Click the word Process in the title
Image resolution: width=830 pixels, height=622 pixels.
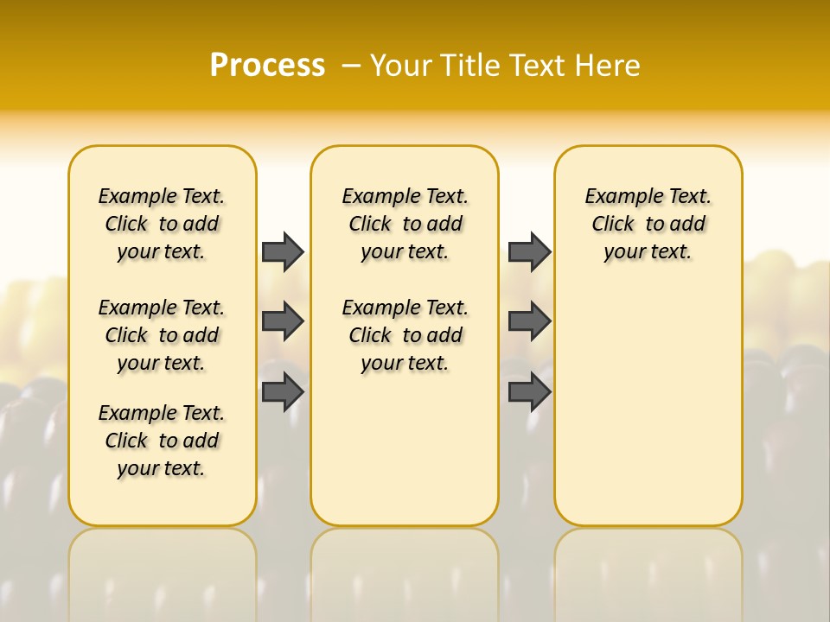(267, 66)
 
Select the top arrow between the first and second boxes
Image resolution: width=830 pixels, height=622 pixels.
(283, 251)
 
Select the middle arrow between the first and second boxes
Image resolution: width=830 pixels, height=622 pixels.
(283, 321)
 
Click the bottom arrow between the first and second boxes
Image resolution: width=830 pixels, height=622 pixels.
(283, 392)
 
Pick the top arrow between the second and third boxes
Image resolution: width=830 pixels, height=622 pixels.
(529, 251)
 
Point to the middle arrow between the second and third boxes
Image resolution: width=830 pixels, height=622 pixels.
(529, 321)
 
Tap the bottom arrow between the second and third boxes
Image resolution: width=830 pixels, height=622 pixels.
(529, 392)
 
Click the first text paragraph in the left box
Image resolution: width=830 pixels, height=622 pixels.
(162, 224)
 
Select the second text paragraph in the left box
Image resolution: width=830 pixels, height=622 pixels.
(162, 335)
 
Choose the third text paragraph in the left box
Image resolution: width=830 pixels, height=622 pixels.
(162, 441)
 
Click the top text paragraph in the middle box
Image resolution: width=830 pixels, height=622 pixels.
(405, 224)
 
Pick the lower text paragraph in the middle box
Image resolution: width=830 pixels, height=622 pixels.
(405, 335)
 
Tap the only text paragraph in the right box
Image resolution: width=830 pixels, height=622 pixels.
(648, 224)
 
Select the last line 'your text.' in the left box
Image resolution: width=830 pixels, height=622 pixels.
(162, 468)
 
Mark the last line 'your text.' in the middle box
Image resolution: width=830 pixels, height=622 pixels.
(405, 363)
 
